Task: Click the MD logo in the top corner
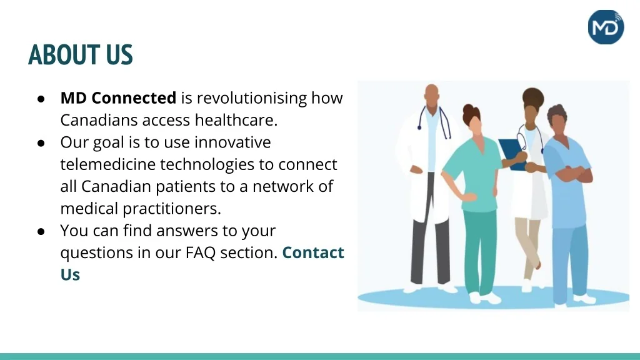[x=606, y=27]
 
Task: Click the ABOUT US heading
[x=81, y=55]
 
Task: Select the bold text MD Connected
[x=118, y=98]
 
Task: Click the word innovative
[x=232, y=142]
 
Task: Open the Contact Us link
[x=312, y=253]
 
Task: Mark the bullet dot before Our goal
[x=41, y=143]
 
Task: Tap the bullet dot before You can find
[x=41, y=231]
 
